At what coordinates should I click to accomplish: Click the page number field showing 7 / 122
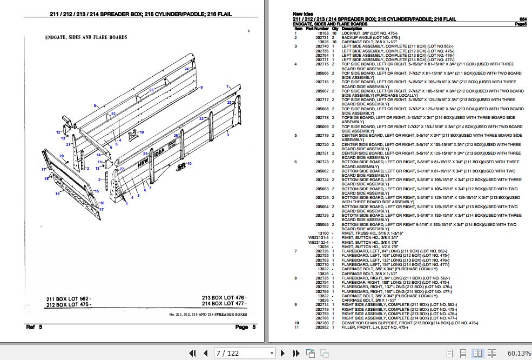[x=243, y=353]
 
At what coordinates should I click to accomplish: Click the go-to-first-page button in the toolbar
[x=192, y=353]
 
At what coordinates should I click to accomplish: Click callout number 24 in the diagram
[x=187, y=69]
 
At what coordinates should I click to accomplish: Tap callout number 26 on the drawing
[x=176, y=136]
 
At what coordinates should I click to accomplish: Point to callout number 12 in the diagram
[x=58, y=132]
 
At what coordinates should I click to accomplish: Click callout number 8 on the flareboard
[x=95, y=106]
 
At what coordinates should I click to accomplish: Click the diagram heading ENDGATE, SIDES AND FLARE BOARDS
[x=86, y=38]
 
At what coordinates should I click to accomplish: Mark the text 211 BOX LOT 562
[x=68, y=298]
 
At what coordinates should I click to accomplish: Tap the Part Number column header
[x=318, y=29]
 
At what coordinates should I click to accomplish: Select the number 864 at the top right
[x=523, y=19]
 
